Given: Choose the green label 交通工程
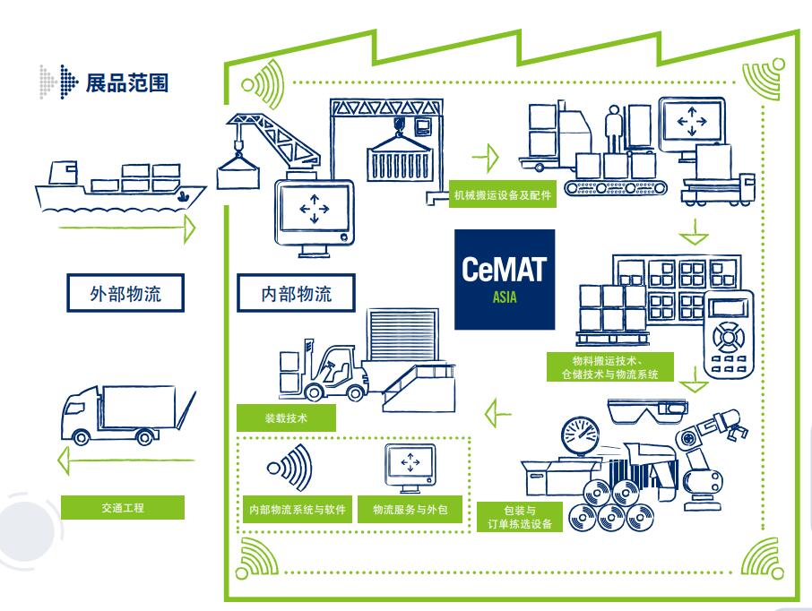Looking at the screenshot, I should coord(124,507).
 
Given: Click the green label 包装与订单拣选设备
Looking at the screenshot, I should coord(521,517).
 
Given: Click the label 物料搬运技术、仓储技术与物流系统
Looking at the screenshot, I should coord(609,367).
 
